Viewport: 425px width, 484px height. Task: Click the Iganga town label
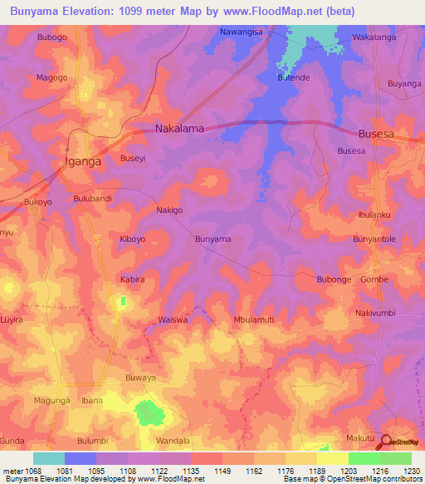83,162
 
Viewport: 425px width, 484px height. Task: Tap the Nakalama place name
180,129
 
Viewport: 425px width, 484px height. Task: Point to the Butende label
293,77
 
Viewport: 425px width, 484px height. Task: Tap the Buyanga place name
404,84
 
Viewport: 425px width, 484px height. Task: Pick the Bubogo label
51,37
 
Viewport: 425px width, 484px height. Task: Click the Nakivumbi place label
378,313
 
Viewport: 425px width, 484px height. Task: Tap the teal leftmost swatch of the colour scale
49,458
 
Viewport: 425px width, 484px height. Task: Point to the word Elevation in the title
85,12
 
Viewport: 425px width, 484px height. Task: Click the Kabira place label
132,279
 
